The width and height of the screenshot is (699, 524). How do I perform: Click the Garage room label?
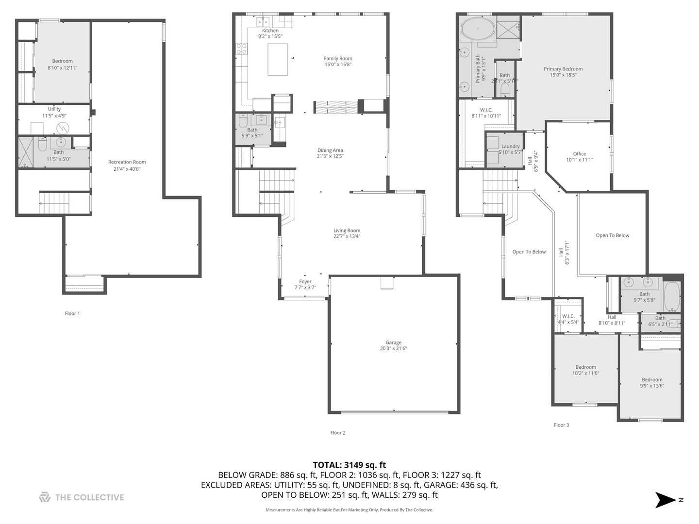(393, 345)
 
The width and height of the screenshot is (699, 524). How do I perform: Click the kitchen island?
(278, 59)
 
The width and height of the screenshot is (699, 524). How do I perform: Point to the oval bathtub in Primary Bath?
(478, 30)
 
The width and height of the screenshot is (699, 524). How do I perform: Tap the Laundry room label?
(510, 146)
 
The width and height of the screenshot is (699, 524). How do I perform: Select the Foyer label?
(305, 281)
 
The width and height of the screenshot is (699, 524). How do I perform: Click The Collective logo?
(82, 497)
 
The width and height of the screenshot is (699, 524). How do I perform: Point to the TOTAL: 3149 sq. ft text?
(349, 465)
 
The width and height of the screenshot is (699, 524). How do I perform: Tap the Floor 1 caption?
(72, 313)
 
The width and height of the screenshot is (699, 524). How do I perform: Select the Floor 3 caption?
(561, 425)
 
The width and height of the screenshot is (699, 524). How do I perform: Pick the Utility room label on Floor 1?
(54, 109)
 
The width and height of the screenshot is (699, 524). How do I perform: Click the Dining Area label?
(330, 150)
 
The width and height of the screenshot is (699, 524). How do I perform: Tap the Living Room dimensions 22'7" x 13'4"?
(347, 237)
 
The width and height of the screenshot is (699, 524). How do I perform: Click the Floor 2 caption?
(338, 433)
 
